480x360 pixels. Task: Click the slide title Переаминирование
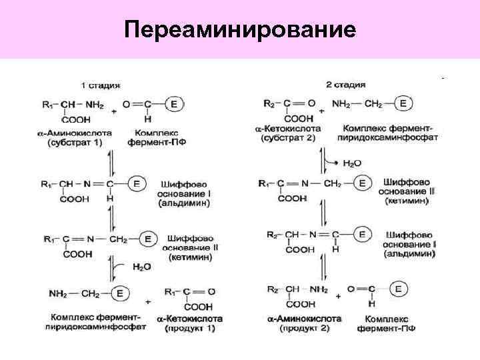point(240,30)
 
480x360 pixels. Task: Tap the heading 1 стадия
point(100,85)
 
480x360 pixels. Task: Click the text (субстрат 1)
point(74,143)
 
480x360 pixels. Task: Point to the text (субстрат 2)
point(287,138)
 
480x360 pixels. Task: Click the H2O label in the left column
point(141,267)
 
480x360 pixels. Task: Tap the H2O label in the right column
point(351,162)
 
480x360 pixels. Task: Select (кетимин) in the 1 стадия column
point(191,257)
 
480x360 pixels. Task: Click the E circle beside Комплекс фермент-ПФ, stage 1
point(174,104)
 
